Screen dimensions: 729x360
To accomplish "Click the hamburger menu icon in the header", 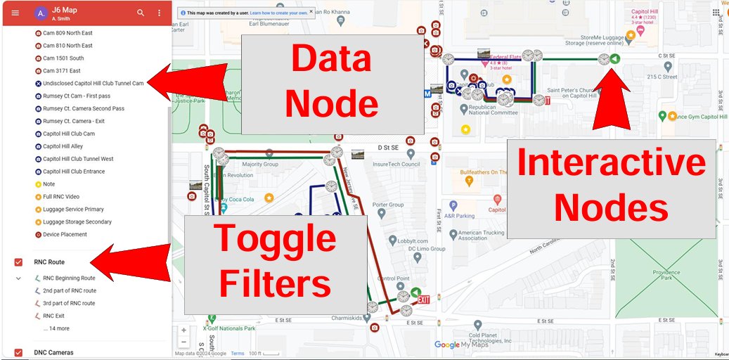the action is click(15, 13).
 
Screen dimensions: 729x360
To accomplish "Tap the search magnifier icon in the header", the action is click(141, 13).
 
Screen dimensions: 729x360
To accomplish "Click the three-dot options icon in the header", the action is click(160, 13).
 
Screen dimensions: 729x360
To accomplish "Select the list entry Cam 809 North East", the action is click(67, 33).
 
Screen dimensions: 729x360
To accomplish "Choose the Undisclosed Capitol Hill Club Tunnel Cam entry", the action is click(93, 83).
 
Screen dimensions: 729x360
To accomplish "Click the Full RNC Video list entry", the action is click(60, 196).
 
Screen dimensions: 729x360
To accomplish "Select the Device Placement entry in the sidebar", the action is click(65, 234).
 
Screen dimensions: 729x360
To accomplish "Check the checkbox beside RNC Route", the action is click(18, 262).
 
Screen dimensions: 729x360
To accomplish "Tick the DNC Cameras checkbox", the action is click(18, 352).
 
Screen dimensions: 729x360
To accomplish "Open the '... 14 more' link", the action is click(56, 328).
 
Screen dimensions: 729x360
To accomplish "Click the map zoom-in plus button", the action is click(183, 330).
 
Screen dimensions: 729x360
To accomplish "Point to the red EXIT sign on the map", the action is click(424, 300).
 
